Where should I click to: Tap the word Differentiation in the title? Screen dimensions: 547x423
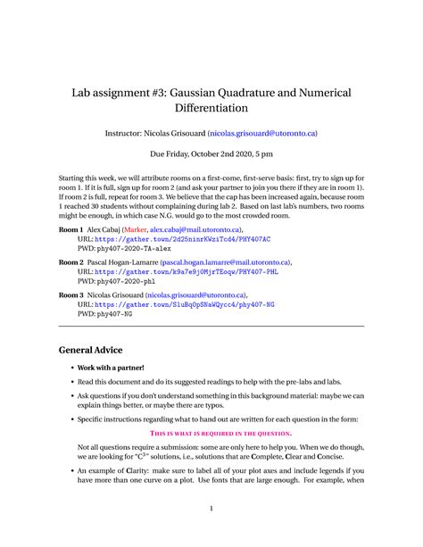(x=211, y=109)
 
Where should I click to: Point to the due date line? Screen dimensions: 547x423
(x=211, y=153)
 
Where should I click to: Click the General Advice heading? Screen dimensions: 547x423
(x=90, y=350)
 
